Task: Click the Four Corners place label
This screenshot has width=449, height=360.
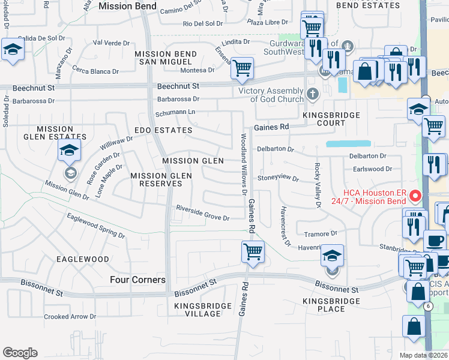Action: [x=137, y=280]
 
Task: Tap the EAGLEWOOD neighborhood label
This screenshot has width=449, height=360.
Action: [x=82, y=259]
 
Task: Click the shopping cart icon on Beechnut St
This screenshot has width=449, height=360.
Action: [x=243, y=68]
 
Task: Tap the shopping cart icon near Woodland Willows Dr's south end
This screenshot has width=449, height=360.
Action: [x=253, y=251]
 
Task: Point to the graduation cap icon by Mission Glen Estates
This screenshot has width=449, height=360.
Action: [x=70, y=150]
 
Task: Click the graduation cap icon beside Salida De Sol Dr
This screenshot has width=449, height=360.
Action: [x=11, y=50]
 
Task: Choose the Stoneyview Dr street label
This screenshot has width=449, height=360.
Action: [x=278, y=178]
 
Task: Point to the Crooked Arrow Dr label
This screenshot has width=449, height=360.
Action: [x=70, y=317]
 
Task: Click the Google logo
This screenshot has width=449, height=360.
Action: [x=20, y=352]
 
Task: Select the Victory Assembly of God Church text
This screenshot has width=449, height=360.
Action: [x=271, y=95]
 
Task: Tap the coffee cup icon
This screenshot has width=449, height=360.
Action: [x=435, y=241]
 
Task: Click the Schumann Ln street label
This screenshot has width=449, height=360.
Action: [x=175, y=112]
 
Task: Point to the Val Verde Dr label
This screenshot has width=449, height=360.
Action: [x=112, y=43]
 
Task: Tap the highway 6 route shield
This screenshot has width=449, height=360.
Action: [x=427, y=306]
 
